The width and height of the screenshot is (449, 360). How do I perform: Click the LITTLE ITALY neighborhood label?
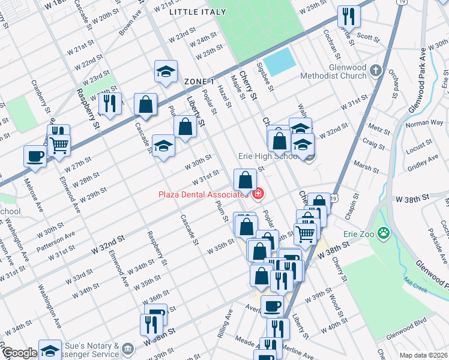[199, 11]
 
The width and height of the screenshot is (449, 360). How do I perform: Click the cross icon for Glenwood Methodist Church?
[376, 70]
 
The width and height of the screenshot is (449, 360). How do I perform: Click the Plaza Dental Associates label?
[203, 194]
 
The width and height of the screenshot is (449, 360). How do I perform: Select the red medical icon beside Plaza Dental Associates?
[258, 194]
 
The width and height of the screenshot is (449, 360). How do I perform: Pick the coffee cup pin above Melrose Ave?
[35, 156]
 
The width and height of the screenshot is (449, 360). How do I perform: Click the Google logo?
[19, 353]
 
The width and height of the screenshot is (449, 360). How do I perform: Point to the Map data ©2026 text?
[423, 355]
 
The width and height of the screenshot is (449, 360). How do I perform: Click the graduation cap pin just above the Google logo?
[50, 349]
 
